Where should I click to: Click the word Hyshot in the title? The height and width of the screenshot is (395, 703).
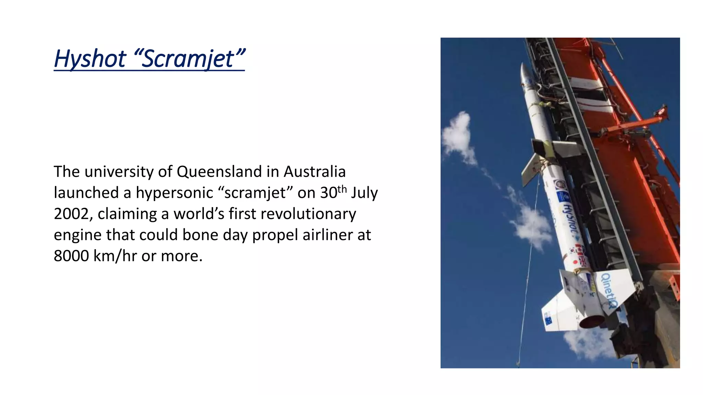[90, 59]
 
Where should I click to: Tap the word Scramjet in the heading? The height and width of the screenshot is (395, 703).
[188, 59]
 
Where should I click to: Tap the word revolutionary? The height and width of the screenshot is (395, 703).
[308, 214]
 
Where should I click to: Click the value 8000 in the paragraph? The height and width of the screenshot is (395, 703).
[71, 256]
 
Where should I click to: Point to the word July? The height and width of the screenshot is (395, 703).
[364, 193]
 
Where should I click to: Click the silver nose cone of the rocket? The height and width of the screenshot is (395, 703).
[526, 74]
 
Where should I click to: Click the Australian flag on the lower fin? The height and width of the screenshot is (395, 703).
[548, 319]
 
